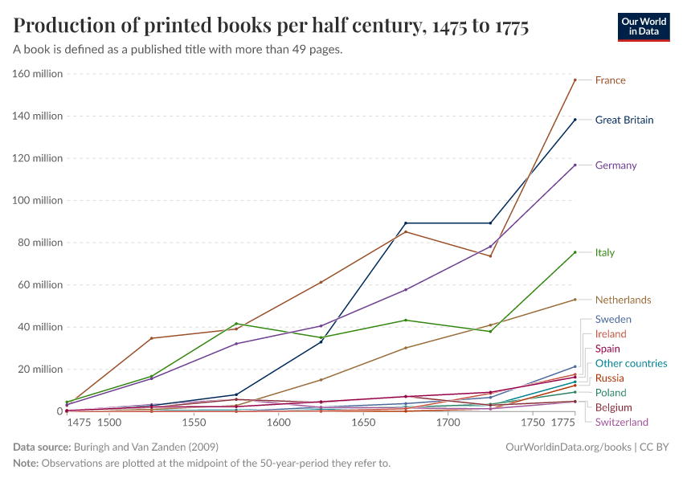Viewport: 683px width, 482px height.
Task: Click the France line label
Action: [610, 80]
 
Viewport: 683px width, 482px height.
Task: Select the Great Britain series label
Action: [624, 120]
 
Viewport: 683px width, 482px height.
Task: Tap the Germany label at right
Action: [616, 165]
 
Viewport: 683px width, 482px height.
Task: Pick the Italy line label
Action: [604, 252]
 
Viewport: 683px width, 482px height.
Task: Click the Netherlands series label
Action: [623, 300]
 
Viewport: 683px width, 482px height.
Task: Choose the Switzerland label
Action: [621, 422]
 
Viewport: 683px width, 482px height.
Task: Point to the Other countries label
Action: [631, 363]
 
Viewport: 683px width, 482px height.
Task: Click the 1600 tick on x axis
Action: [278, 423]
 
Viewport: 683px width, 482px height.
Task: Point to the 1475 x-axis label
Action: [79, 423]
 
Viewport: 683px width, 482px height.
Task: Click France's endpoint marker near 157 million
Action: [575, 80]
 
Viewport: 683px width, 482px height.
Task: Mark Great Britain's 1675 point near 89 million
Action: [406, 223]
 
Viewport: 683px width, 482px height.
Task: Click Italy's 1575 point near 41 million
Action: [236, 324]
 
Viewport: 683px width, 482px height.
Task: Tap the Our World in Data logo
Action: [644, 27]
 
